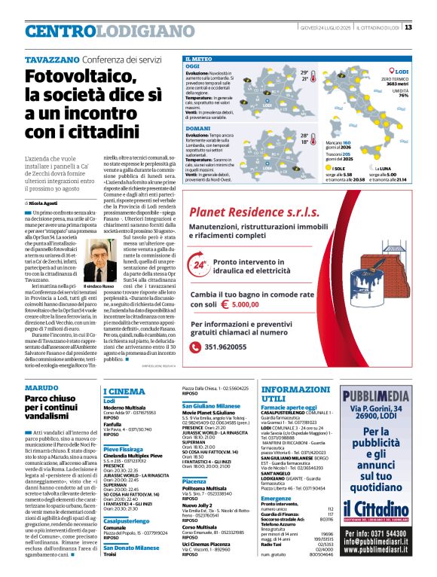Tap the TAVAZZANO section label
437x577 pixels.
52,60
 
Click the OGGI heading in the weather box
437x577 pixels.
193,66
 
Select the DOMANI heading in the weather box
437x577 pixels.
197,129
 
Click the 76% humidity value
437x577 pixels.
403,96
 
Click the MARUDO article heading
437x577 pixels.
41,386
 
